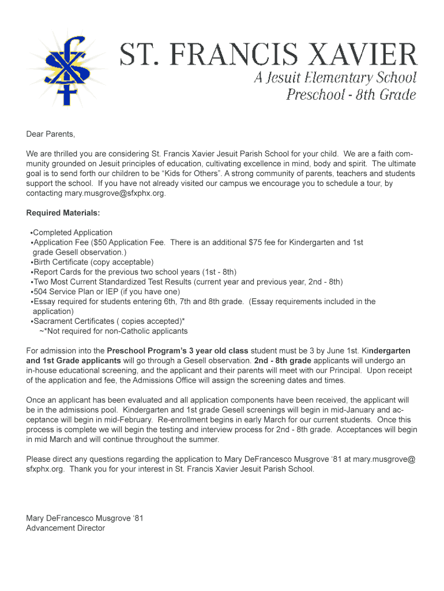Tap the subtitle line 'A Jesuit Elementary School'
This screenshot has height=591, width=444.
point(335,78)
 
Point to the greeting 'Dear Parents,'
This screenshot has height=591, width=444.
point(51,134)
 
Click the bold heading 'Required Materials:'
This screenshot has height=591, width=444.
point(63,213)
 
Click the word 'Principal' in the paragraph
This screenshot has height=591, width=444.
point(343,371)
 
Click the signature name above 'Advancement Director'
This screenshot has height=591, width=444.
point(84,518)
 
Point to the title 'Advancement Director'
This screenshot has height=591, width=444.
point(65,528)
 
